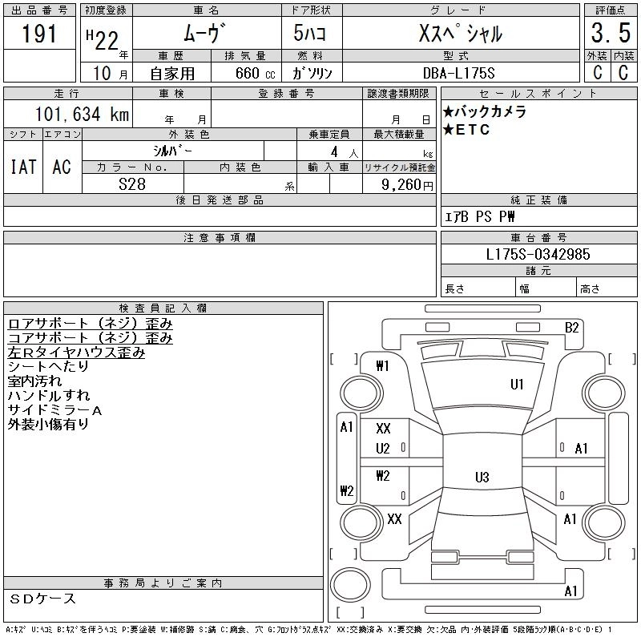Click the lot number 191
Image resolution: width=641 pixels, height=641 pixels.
click(40, 33)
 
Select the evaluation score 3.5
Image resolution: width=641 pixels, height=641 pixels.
click(609, 34)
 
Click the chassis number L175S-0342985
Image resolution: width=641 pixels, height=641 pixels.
click(538, 254)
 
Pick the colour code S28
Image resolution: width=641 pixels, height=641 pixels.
click(132, 184)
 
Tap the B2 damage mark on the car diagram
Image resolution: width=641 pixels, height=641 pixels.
click(571, 327)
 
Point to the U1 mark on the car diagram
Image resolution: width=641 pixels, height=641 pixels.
click(517, 385)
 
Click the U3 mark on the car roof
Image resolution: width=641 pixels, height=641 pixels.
click(482, 478)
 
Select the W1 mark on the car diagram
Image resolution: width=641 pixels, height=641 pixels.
click(382, 366)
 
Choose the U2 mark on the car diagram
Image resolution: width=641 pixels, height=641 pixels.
click(383, 449)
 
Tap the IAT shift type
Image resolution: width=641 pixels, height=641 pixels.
click(22, 167)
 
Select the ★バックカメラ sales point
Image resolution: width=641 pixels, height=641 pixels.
click(485, 112)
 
